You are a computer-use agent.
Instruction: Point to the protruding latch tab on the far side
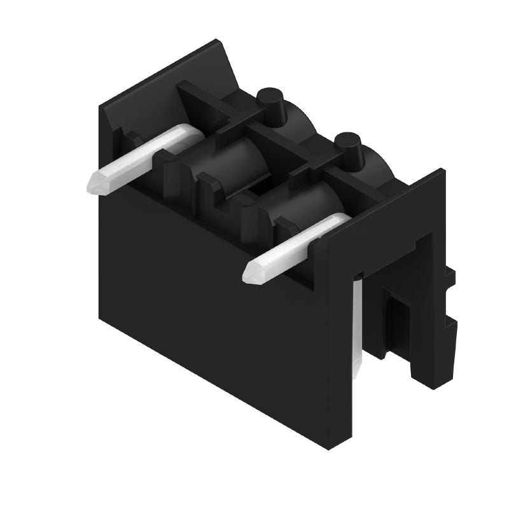point(450,331)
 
